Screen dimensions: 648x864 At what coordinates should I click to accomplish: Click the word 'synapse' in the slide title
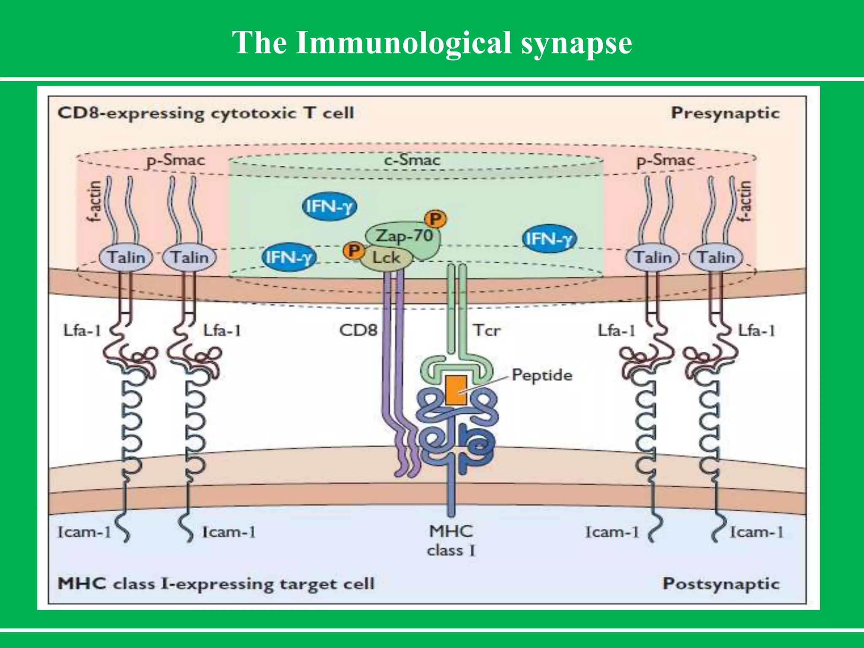(x=576, y=43)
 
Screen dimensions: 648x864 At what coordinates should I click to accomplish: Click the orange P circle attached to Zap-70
(x=435, y=219)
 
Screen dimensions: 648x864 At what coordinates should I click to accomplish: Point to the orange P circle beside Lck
(x=354, y=251)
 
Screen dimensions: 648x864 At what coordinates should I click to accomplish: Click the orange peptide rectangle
(x=456, y=390)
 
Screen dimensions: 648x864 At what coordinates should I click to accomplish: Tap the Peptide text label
(x=542, y=375)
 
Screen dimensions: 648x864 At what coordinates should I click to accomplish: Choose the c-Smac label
(x=412, y=160)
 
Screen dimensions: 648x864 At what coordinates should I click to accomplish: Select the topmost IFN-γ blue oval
(x=329, y=207)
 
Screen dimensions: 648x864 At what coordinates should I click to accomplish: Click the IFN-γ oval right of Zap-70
(x=548, y=239)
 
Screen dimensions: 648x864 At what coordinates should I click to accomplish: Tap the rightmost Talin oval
(x=715, y=257)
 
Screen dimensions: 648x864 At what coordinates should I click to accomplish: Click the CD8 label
(x=358, y=330)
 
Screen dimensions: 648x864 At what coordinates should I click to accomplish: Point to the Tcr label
(x=486, y=330)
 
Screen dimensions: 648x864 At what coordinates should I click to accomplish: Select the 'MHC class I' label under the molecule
(x=451, y=540)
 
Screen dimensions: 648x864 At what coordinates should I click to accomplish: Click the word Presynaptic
(x=725, y=113)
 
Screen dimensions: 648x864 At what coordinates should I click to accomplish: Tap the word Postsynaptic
(x=721, y=584)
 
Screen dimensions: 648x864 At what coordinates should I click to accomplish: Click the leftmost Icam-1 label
(x=84, y=532)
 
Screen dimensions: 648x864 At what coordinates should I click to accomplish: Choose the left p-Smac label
(x=175, y=161)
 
